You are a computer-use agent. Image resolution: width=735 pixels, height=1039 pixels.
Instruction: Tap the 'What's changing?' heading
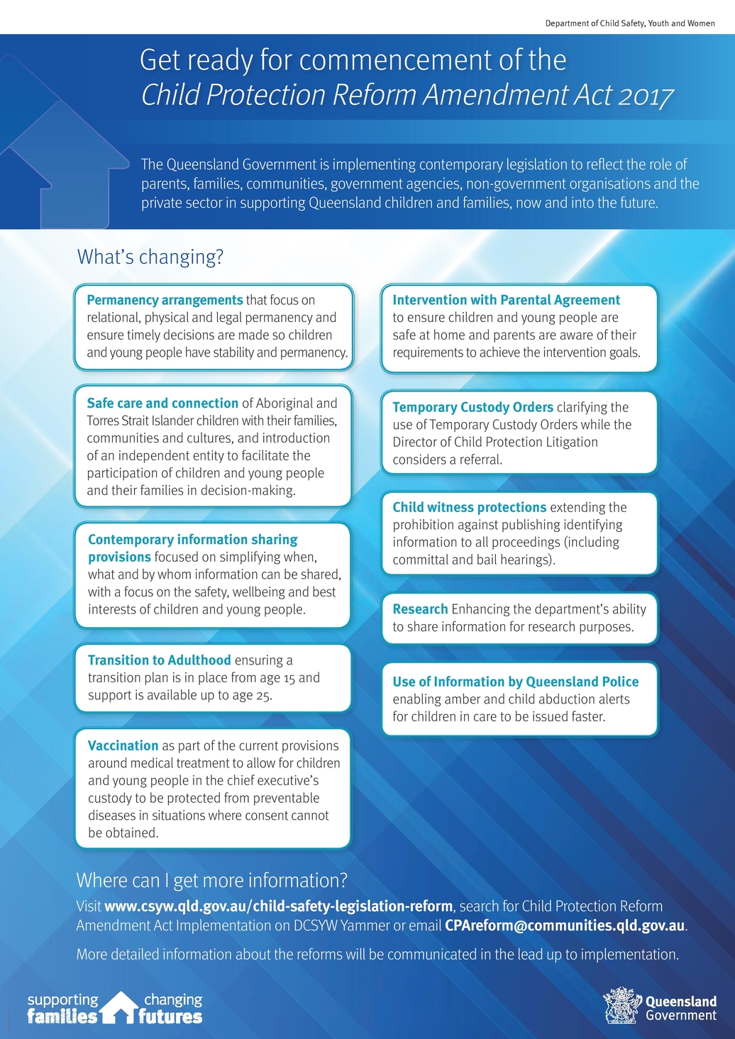(150, 257)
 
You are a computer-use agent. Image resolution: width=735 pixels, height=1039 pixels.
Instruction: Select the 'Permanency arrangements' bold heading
(165, 300)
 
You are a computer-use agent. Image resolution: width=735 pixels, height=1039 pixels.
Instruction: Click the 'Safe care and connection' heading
(162, 403)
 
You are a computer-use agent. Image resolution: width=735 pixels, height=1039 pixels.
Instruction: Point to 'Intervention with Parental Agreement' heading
(506, 300)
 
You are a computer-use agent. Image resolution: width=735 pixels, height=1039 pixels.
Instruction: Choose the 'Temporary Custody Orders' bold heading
(472, 407)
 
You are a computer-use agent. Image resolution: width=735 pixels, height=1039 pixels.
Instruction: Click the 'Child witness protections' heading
(469, 507)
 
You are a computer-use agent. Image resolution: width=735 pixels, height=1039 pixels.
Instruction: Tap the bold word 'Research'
(420, 609)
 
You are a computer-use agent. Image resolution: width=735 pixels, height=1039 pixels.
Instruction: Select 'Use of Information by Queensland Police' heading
(515, 682)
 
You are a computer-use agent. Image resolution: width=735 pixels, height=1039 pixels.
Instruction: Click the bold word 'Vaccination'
(123, 745)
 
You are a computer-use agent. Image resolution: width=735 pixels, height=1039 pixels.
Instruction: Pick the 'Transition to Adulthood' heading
(159, 660)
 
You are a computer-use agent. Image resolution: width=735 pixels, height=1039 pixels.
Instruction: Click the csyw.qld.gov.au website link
(278, 906)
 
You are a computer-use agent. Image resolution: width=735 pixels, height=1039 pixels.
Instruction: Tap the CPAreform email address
(565, 926)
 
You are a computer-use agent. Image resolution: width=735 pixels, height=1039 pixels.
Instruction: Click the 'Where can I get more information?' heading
(211, 881)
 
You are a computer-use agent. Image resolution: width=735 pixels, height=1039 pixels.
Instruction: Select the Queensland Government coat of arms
(621, 1006)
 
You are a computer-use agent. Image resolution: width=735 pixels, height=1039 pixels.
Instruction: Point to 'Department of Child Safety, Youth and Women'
(629, 23)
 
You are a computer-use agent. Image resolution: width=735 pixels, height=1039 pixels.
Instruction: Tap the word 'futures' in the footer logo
(170, 1017)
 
